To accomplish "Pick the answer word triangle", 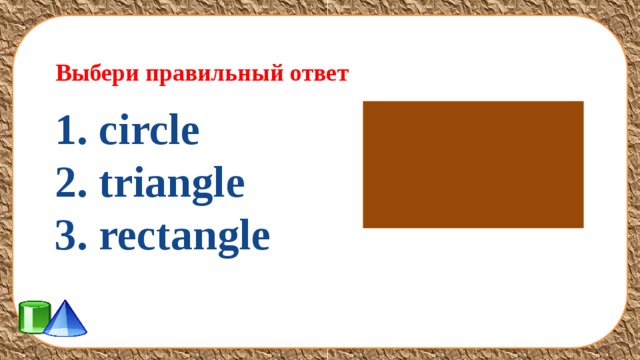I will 171,185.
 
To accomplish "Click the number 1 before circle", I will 66,132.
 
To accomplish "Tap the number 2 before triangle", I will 66,185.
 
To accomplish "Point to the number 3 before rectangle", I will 66,237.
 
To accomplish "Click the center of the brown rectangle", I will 473,164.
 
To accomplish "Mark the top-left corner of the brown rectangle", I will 364,102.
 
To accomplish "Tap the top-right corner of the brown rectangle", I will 582,102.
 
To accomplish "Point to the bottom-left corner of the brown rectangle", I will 364,226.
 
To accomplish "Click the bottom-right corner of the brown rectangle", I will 582,226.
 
